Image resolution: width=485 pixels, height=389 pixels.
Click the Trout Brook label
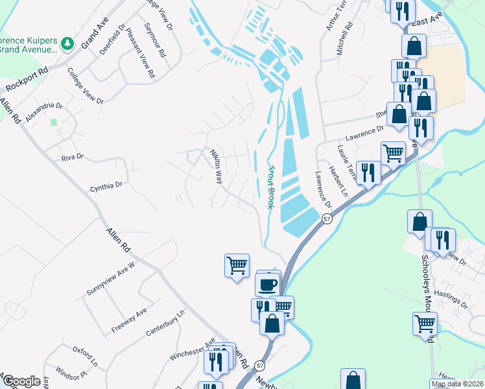(x=271, y=186)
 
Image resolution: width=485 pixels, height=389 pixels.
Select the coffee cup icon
(x=268, y=284)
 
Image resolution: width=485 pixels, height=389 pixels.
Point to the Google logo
(x=21, y=381)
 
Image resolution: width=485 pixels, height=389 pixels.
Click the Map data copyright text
(x=458, y=384)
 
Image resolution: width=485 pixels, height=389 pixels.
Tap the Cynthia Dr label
(x=106, y=186)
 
